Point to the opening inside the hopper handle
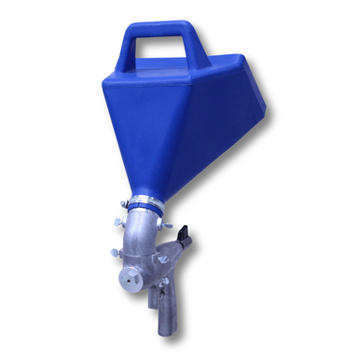164,50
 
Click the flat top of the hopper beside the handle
233,70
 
